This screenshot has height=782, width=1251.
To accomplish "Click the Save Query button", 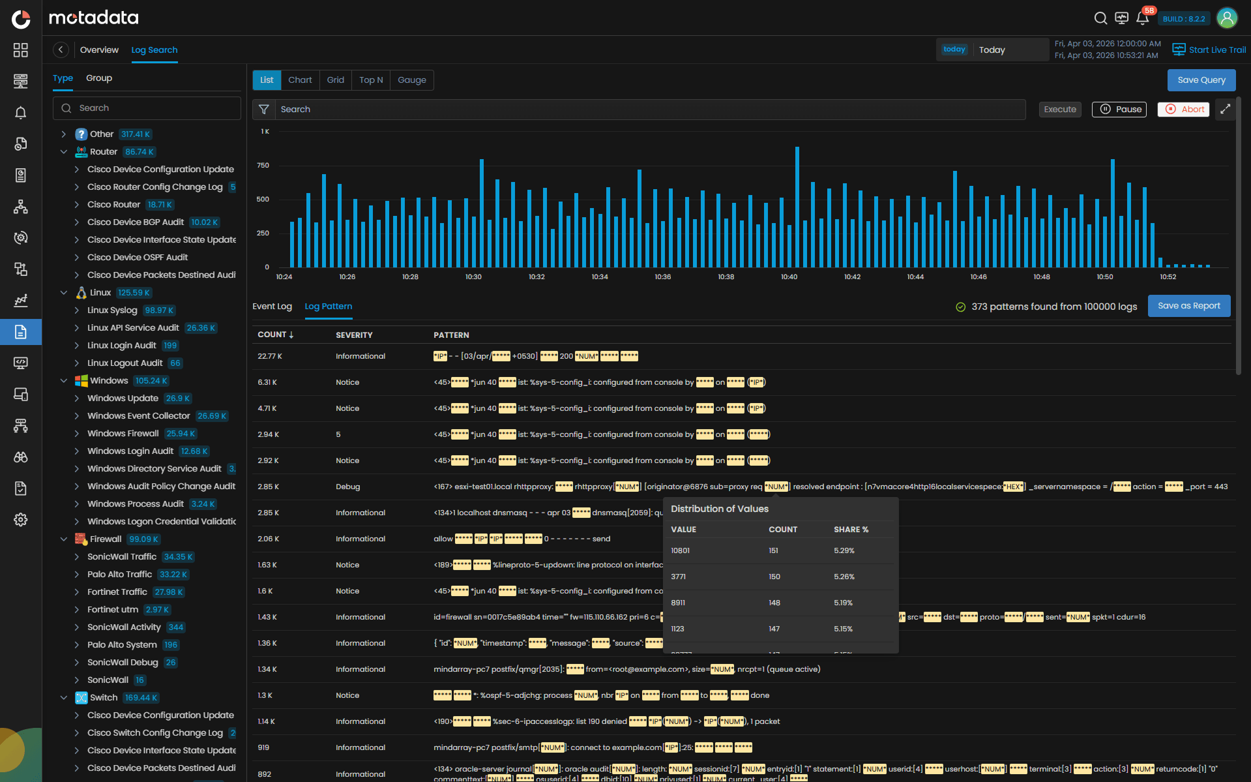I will [1201, 80].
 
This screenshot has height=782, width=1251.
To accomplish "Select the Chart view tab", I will [300, 80].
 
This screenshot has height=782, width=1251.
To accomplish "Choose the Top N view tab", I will [370, 80].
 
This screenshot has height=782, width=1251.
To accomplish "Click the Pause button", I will [1119, 109].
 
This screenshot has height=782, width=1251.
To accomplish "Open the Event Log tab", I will [272, 306].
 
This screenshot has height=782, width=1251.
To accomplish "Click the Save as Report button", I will [1188, 306].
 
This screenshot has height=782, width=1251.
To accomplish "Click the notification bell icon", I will [1142, 18].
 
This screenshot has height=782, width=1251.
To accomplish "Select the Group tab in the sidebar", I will [99, 78].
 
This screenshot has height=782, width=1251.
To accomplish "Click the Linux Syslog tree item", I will [112, 310].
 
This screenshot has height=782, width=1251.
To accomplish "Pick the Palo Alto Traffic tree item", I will [119, 574].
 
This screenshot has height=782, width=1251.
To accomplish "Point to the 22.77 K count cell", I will [269, 356].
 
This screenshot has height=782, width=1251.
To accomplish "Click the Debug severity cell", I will [347, 487].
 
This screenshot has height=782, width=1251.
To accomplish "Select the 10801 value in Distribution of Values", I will [680, 550].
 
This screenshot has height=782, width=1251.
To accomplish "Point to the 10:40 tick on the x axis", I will [789, 277].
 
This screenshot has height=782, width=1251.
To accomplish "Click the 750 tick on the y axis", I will [263, 165].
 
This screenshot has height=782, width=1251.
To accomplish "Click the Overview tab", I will [99, 50].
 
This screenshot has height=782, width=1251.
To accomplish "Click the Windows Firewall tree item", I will [123, 433].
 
